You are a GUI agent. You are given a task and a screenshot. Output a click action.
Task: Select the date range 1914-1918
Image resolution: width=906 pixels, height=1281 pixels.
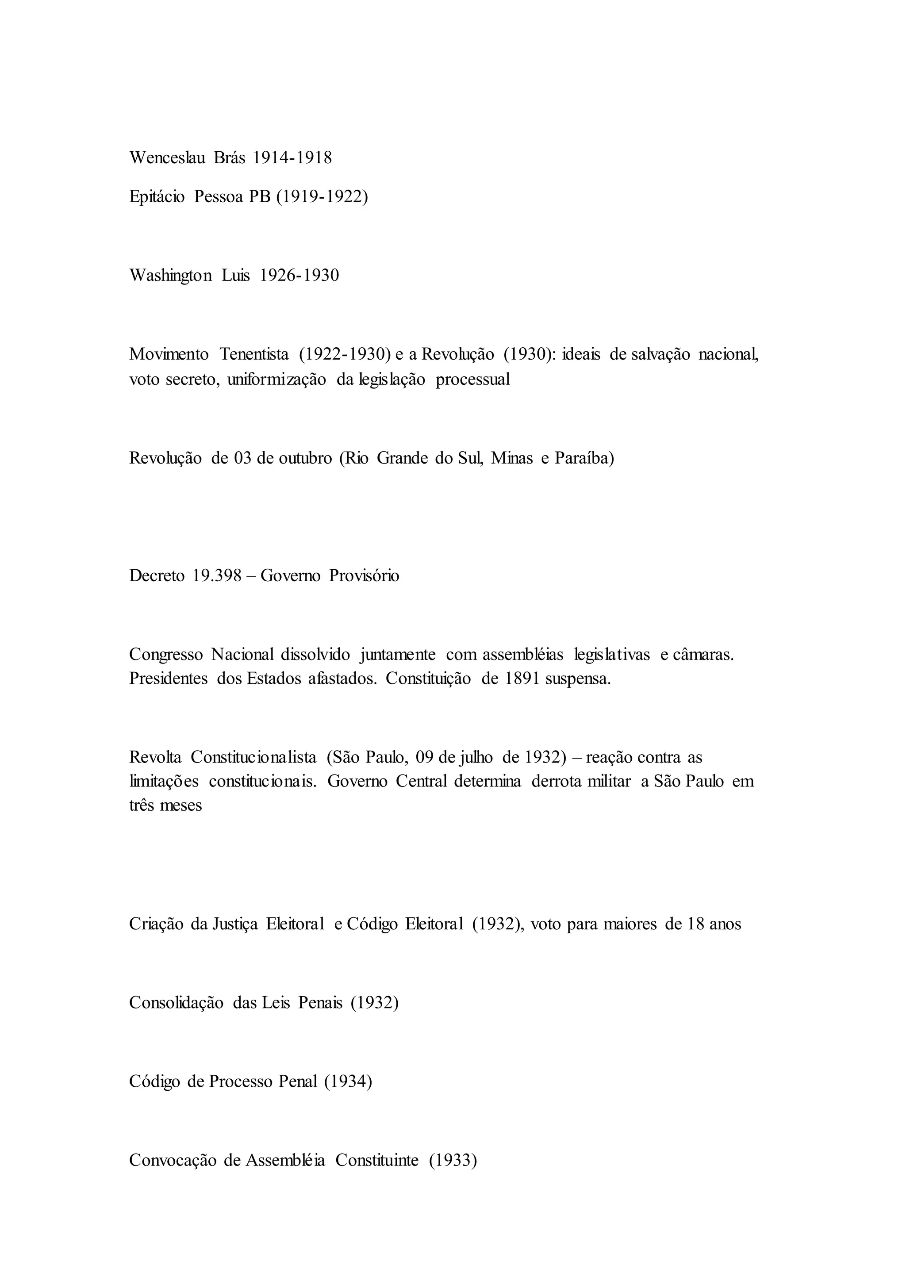coord(292,158)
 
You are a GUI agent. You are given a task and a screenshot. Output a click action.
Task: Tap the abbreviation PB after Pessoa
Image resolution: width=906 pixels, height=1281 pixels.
coord(259,198)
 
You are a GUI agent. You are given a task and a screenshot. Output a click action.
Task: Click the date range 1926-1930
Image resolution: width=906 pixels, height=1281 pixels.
coord(299,276)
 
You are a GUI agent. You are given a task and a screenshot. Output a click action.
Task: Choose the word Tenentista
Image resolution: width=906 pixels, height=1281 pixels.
coord(254,354)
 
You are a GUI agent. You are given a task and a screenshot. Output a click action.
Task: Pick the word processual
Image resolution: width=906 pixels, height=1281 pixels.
coord(472,380)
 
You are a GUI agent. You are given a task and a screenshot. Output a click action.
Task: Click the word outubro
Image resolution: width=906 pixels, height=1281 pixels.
coord(305,459)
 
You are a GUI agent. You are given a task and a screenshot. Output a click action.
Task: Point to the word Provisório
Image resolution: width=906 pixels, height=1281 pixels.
coord(364,576)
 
